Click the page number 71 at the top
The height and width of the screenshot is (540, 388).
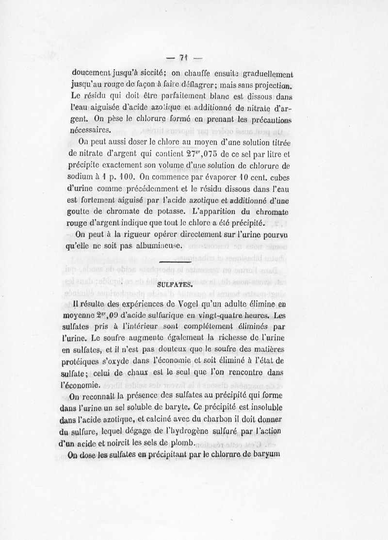point(183,58)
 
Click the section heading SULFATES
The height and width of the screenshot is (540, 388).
point(175,286)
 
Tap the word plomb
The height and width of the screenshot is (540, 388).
point(180,442)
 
